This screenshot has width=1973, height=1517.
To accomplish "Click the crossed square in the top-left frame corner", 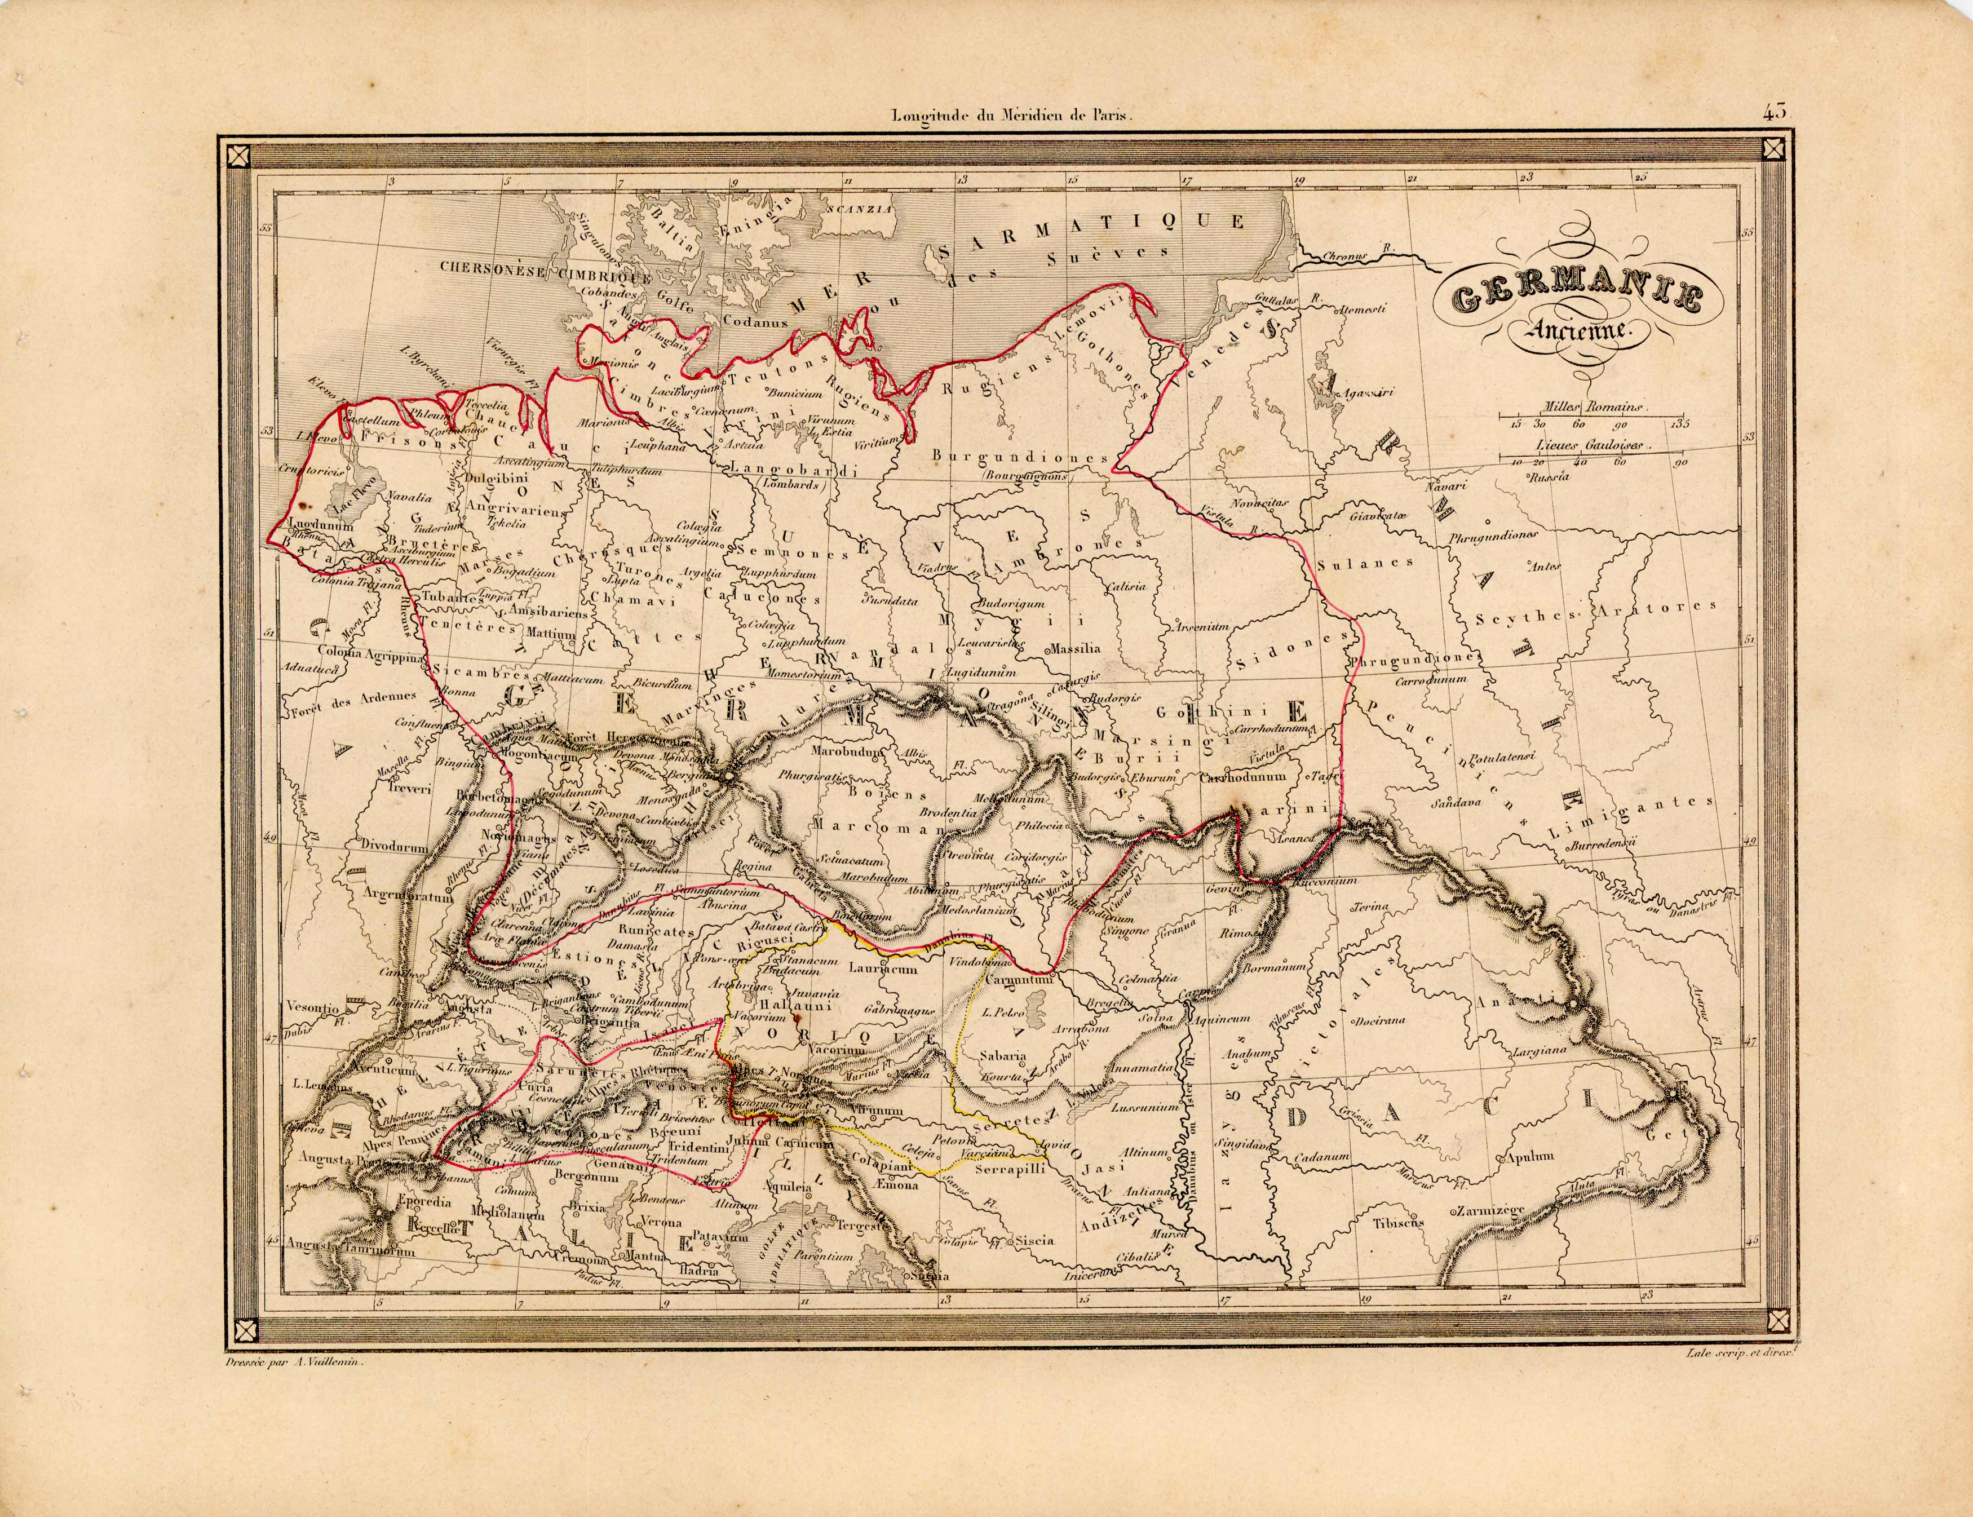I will (237, 156).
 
